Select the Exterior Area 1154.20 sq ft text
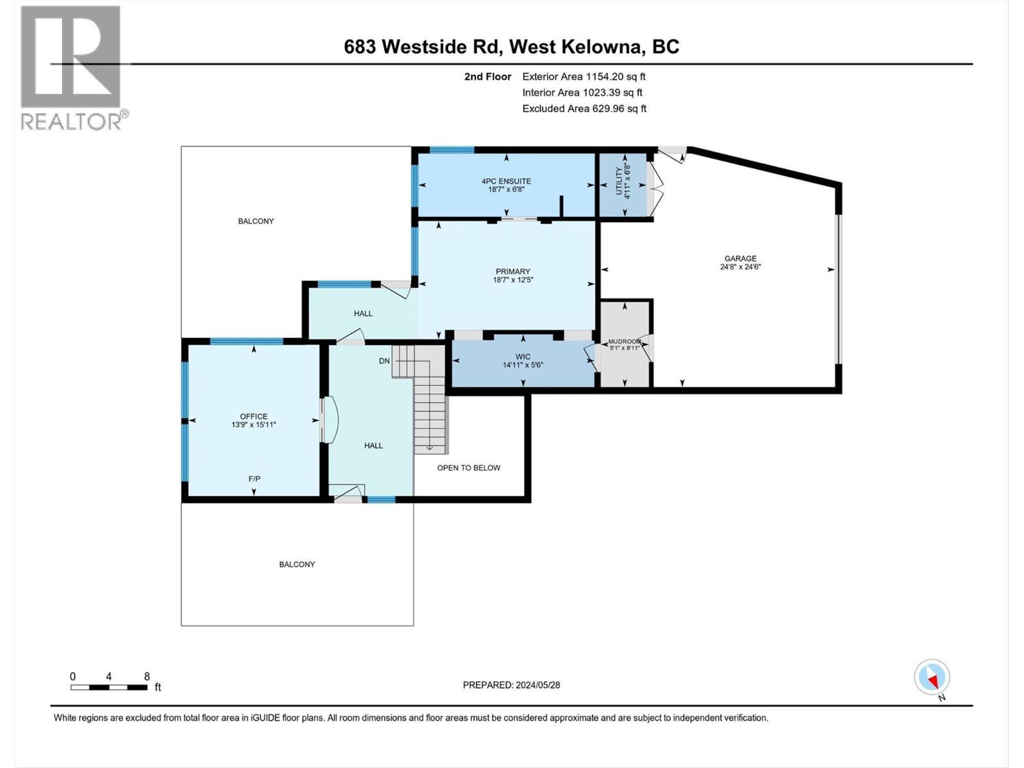pyautogui.click(x=584, y=77)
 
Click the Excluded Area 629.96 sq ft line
pyautogui.click(x=584, y=109)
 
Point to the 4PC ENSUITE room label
pyautogui.click(x=506, y=181)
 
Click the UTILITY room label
pyautogui.click(x=618, y=182)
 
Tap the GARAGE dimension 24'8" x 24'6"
pyautogui.click(x=740, y=268)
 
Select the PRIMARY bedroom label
pyautogui.click(x=513, y=271)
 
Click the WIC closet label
pyautogui.click(x=523, y=356)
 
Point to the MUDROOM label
pyautogui.click(x=624, y=342)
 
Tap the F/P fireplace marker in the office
pyautogui.click(x=254, y=479)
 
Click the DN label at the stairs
pyautogui.click(x=384, y=361)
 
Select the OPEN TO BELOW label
pyautogui.click(x=468, y=468)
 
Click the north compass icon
pyautogui.click(x=932, y=677)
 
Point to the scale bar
pyautogui.click(x=109, y=687)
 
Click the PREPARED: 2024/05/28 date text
pyautogui.click(x=511, y=685)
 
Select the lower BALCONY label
pyautogui.click(x=297, y=564)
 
